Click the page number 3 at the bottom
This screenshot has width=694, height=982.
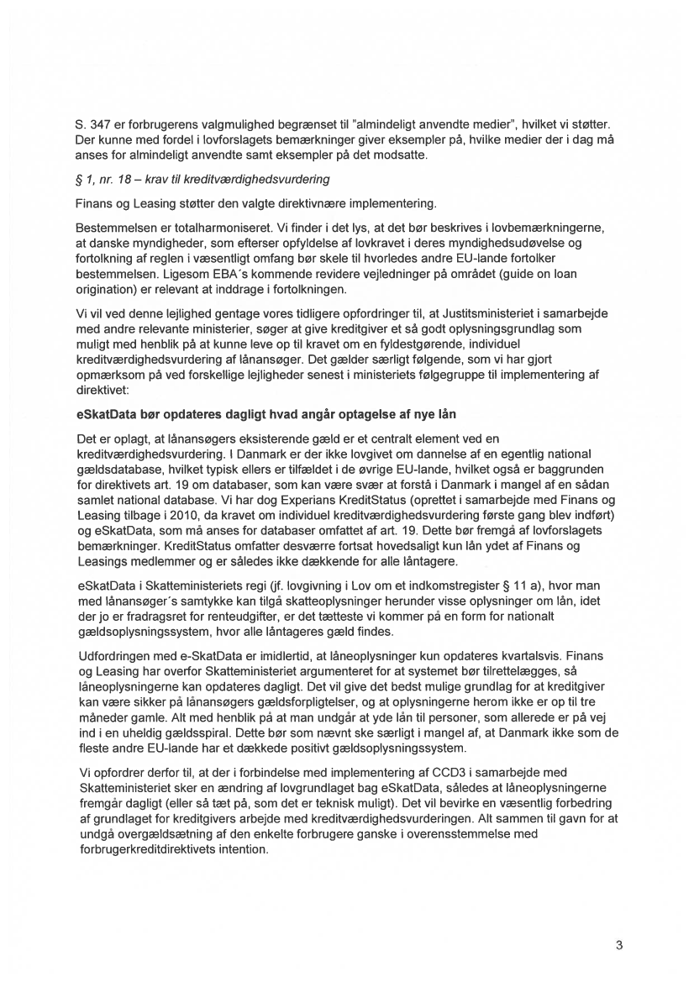tap(618, 944)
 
